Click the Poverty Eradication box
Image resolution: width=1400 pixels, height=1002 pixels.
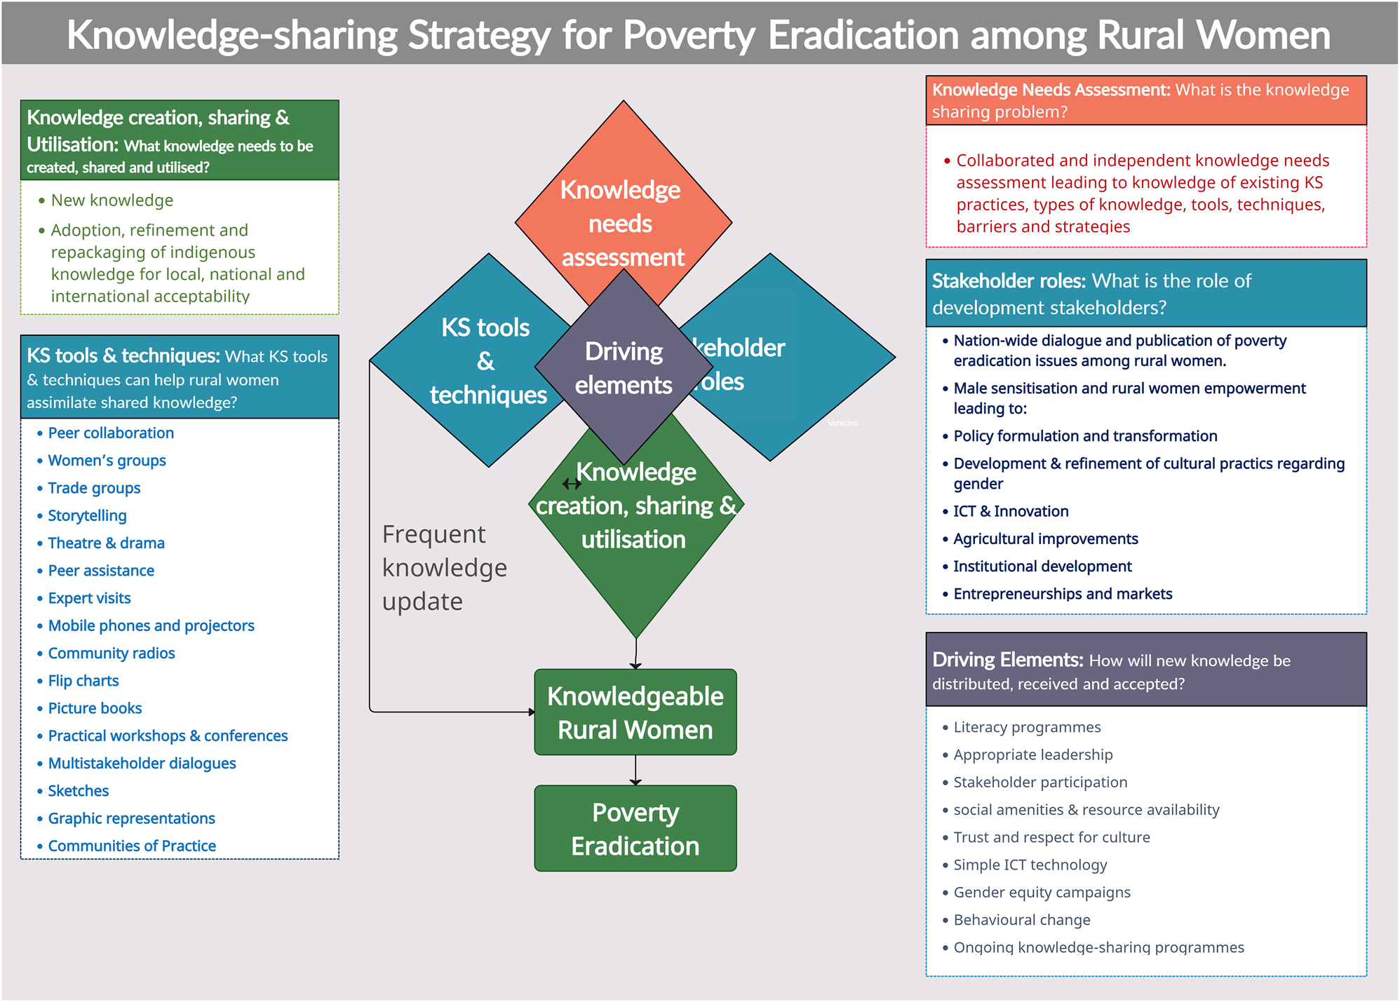click(635, 828)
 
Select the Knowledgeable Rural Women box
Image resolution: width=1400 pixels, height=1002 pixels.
click(635, 712)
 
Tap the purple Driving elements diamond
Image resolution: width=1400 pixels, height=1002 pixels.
click(624, 367)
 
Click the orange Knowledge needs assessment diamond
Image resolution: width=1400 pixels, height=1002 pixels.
click(623, 203)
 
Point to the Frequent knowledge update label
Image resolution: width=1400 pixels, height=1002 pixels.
click(444, 567)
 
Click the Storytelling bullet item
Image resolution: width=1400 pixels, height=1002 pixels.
click(87, 515)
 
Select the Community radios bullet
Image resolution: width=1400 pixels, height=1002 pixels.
click(111, 653)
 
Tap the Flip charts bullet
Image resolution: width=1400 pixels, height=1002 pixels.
click(83, 680)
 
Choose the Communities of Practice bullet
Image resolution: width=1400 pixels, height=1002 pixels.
click(131, 846)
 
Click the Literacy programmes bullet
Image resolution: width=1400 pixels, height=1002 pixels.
click(1026, 727)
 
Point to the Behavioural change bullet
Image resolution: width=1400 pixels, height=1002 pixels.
click(1021, 919)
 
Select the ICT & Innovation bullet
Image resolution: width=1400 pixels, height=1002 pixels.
click(1010, 511)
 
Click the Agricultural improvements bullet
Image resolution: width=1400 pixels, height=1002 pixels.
click(1045, 539)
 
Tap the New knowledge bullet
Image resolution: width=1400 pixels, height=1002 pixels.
click(112, 200)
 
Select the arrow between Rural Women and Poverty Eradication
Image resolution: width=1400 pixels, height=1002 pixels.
click(635, 770)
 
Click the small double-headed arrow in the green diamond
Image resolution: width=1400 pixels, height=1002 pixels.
click(572, 484)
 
